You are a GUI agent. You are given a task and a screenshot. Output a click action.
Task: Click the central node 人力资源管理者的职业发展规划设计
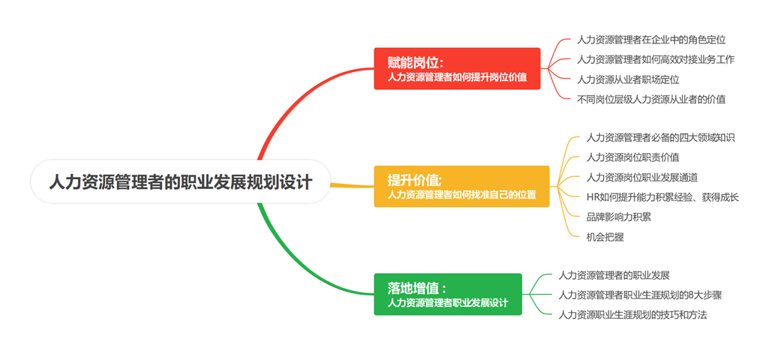180,181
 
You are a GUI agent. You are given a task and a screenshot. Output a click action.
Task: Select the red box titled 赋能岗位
457,69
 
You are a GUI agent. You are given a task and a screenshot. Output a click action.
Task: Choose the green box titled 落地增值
448,295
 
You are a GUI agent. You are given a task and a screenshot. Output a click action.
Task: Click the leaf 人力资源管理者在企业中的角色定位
651,40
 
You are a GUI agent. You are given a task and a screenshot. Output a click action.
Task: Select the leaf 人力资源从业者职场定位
628,79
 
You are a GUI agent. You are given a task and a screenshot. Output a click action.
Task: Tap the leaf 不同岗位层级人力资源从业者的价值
651,98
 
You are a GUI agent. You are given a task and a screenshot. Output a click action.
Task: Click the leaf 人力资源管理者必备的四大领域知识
660,138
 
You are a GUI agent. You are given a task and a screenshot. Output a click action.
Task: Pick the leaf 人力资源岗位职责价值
632,157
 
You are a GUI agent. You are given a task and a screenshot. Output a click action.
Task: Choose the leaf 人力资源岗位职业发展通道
642,177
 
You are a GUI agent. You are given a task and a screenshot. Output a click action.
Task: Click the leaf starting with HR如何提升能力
662,197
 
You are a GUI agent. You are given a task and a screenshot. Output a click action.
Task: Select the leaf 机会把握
605,236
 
